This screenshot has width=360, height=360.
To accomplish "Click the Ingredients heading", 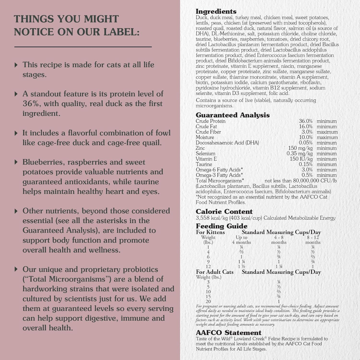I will [216, 12].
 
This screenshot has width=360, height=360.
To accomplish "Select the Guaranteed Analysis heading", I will [233, 115].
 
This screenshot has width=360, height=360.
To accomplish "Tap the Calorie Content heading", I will [224, 212].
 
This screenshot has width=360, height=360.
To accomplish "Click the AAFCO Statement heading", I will [229, 333].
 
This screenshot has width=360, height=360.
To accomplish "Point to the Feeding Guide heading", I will [221, 226].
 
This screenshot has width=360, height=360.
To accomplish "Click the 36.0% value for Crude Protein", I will [306, 121].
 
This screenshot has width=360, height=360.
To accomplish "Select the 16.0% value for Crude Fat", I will [306, 127].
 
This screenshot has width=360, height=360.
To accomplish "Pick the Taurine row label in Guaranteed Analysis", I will [204, 165].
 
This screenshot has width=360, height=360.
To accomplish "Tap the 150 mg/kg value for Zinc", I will [300, 148].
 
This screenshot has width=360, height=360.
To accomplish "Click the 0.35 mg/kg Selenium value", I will [299, 154].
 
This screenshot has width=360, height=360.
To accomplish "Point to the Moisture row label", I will [205, 137].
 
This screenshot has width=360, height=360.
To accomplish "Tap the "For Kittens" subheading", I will [210, 232].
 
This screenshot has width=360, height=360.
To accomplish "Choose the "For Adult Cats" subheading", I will [214, 272].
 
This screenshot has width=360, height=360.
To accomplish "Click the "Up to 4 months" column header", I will [242, 240].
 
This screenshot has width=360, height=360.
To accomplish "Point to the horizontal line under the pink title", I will [83, 46].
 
